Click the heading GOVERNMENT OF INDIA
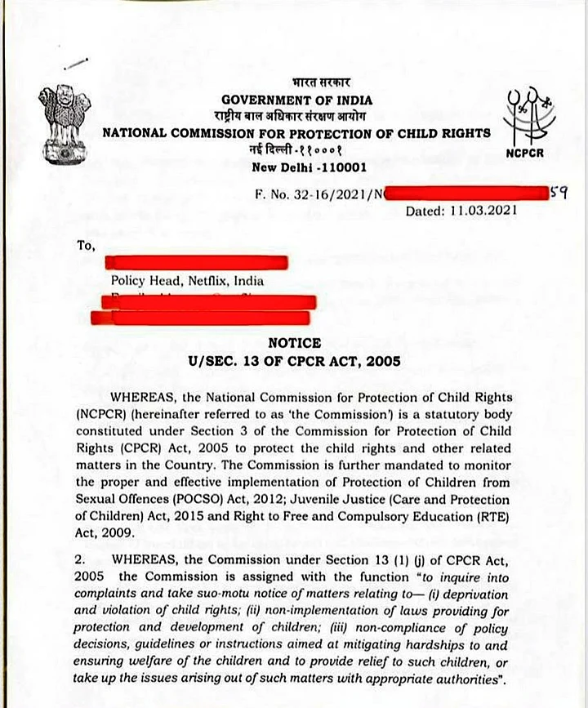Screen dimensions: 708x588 coord(296,100)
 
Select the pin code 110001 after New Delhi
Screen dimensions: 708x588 coord(336,168)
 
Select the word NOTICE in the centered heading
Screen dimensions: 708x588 coord(294,344)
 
